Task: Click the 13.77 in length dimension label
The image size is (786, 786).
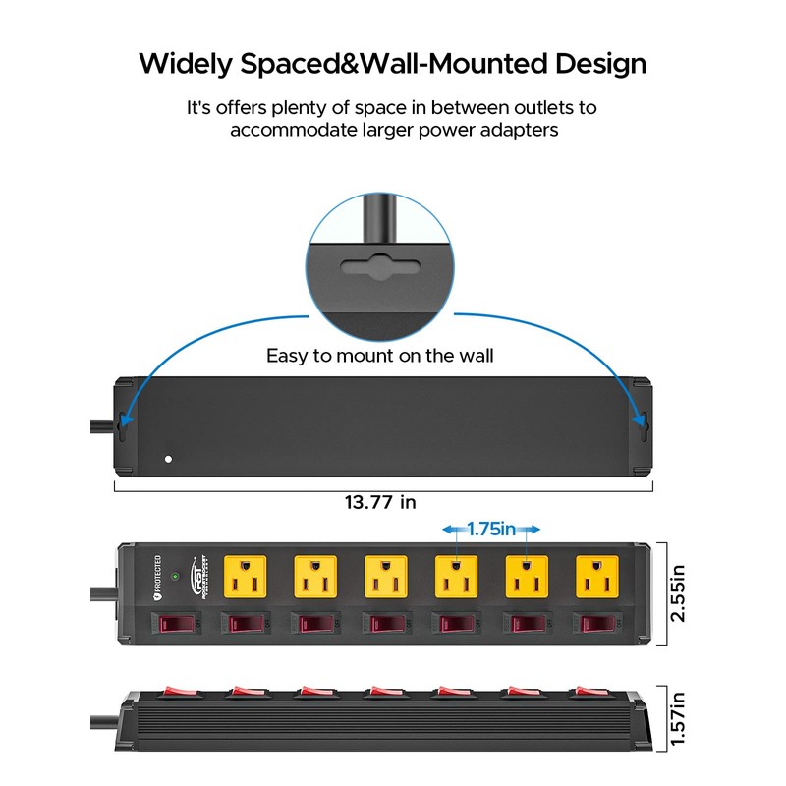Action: [380, 502]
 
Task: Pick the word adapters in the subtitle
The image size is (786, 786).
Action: [514, 130]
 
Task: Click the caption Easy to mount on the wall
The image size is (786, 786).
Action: [379, 356]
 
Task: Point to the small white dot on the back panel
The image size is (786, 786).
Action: [168, 459]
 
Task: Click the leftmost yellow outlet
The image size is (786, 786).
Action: [246, 577]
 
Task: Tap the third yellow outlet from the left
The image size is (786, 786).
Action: [386, 577]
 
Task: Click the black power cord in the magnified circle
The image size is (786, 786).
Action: [379, 221]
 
